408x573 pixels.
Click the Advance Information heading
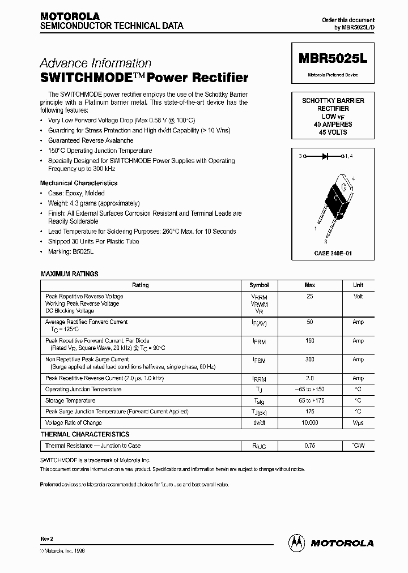95,63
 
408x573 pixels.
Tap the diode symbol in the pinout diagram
325,155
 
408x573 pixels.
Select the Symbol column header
259,285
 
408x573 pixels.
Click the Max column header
310,285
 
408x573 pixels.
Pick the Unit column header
358,285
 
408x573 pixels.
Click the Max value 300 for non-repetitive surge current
310,360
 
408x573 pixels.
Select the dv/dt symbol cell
259,423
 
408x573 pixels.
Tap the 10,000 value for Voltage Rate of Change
310,423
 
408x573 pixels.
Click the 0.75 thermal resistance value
310,446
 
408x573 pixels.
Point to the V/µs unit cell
358,423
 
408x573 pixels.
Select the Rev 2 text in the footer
46,538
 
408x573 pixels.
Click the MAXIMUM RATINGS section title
70,274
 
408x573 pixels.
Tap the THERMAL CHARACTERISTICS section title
85,434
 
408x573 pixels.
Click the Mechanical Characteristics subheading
79,183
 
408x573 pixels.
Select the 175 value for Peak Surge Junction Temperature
310,412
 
